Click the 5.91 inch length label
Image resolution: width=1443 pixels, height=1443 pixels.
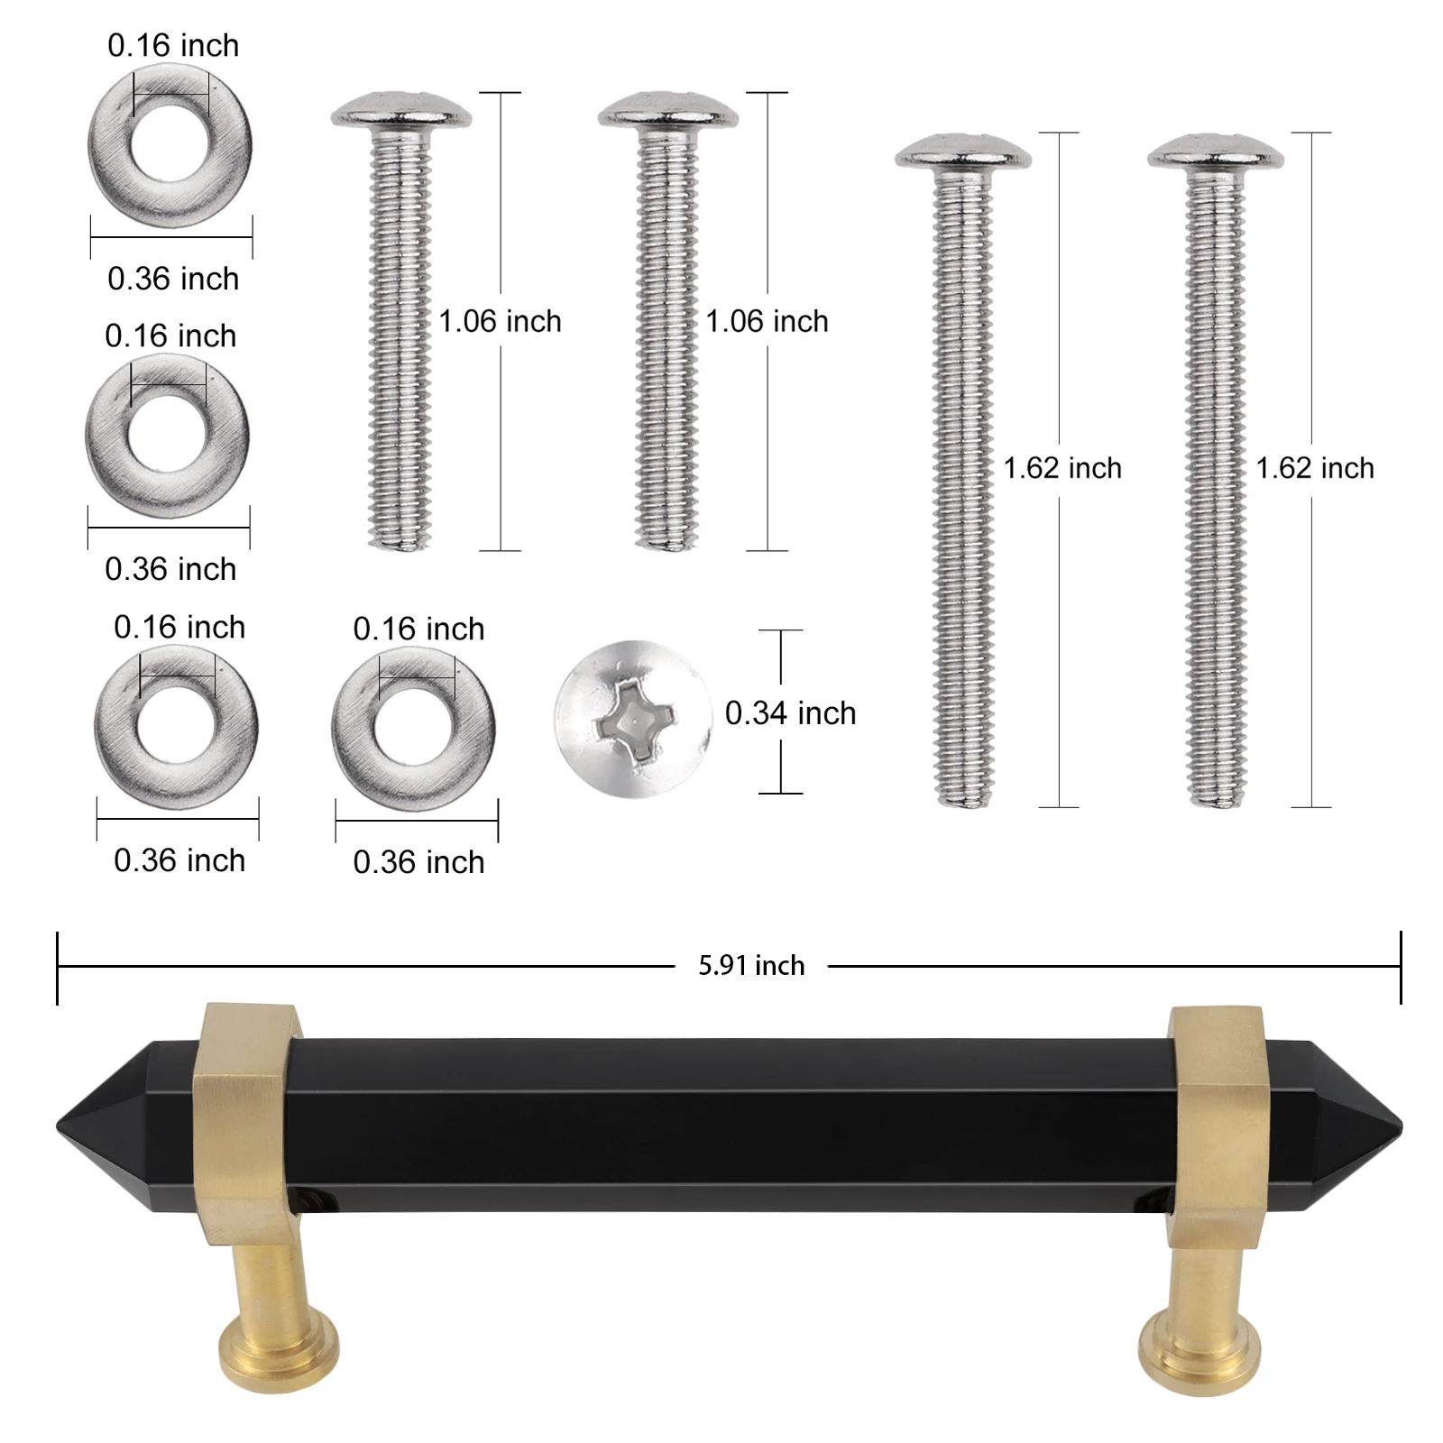(x=750, y=966)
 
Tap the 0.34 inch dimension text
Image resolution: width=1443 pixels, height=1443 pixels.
(x=790, y=713)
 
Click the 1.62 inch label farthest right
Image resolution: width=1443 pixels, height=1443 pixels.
(x=1314, y=468)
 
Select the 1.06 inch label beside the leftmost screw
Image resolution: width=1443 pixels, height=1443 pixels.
(x=500, y=321)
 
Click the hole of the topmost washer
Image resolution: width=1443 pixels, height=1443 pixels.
(x=170, y=144)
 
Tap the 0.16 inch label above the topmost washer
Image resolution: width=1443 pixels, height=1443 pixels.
(x=173, y=45)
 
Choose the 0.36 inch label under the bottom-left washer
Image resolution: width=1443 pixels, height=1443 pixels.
(x=179, y=860)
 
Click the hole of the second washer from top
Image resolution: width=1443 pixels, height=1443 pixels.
(x=169, y=435)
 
